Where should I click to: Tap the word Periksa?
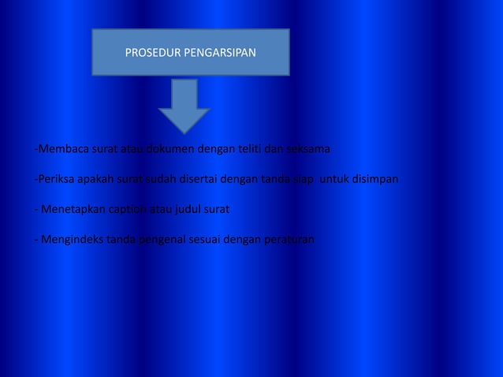tap(55, 179)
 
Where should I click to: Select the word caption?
tap(129, 210)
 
